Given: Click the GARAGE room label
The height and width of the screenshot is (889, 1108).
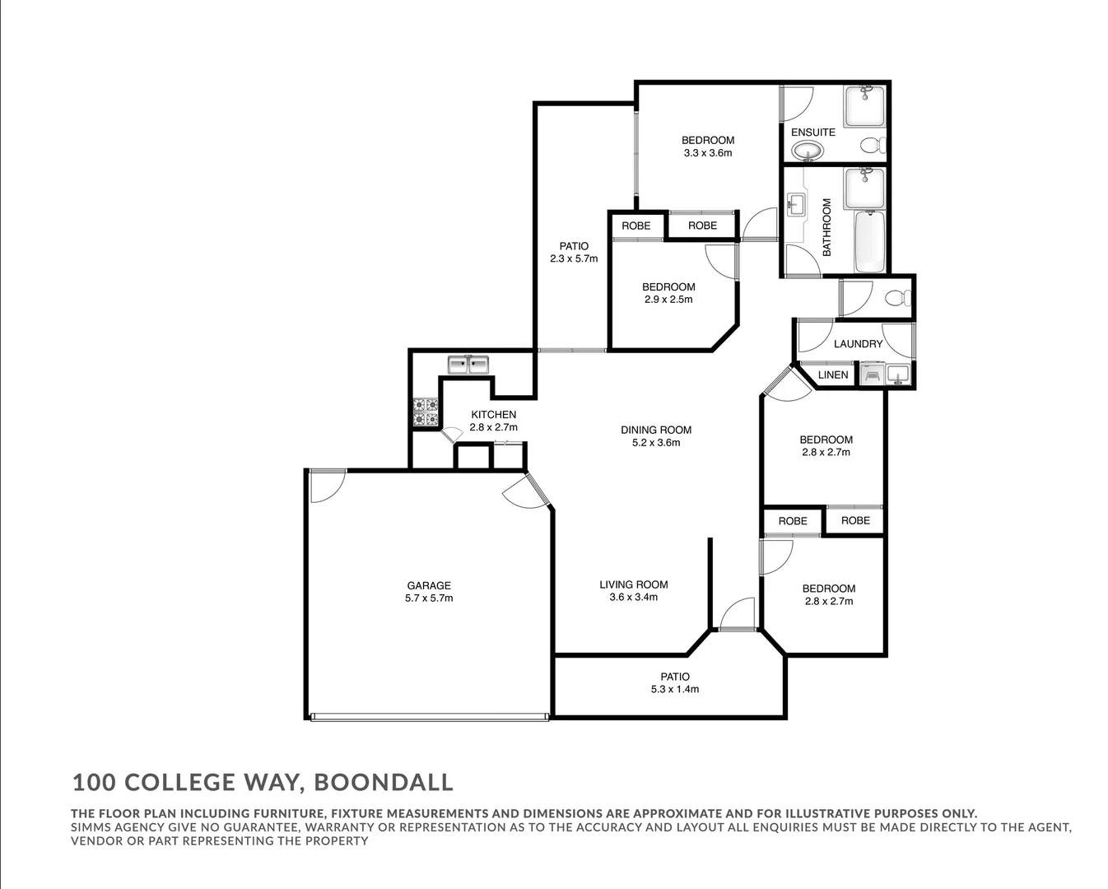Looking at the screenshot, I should coord(428,585).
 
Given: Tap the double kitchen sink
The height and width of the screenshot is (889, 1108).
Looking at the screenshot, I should coord(468,364).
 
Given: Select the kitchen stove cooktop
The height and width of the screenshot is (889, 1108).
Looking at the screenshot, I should coord(426,412).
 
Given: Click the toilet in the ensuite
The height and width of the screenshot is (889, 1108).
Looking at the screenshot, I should coord(872,146).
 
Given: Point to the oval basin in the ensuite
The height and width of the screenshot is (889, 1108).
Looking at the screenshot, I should coord(808,151).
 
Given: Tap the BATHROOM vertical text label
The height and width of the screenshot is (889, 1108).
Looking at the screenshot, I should coord(826,226).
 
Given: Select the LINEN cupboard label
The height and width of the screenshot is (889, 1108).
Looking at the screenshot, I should coord(833,375).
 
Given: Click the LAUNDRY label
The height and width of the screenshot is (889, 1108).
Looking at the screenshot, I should coord(858,343).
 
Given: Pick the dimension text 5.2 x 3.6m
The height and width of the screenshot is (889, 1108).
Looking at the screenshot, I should coord(656,443).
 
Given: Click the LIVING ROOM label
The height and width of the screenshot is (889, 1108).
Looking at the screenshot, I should coord(633,584).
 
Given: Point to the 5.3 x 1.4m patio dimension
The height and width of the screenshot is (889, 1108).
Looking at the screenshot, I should coord(674,690).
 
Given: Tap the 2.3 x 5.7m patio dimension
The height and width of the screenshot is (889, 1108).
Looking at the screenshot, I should coord(574,258).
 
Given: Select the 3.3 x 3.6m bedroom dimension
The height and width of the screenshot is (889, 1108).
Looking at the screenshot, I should coord(707,153).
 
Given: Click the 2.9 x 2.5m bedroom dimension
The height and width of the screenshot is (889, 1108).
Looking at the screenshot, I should coord(668,300).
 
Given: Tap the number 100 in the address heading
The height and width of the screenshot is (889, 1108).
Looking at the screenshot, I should coord(92,782).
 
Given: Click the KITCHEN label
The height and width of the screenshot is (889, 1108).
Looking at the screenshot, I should coord(493,414).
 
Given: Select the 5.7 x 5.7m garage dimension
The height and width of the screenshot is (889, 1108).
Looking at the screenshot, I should coord(428,598).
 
